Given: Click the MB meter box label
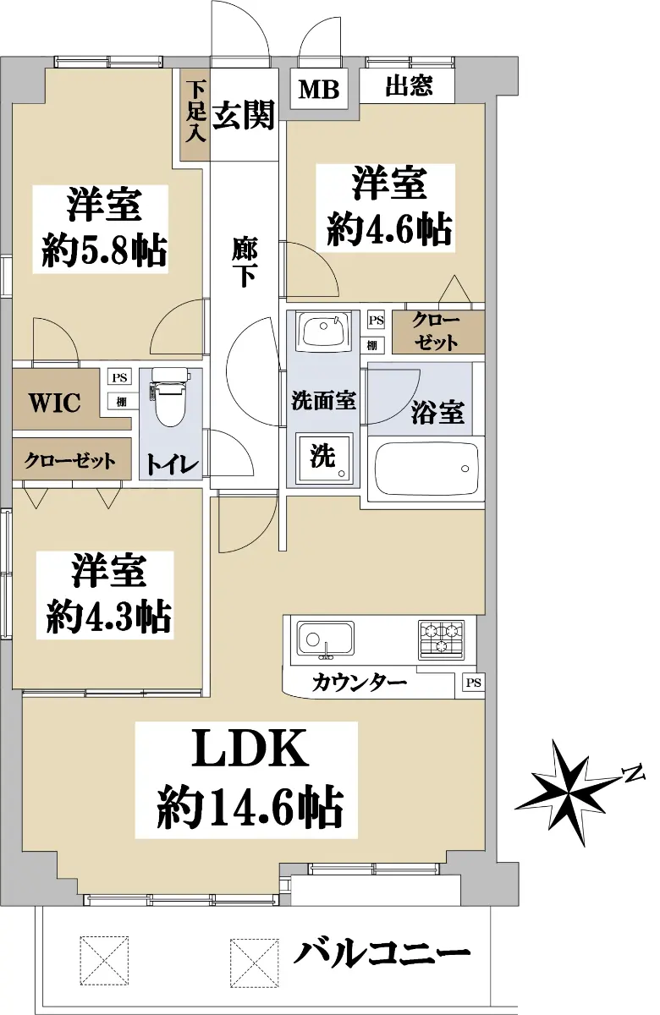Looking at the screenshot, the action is pos(319,90).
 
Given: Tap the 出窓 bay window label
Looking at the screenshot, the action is pos(409,85).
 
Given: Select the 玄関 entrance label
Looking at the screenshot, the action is pos(244,115).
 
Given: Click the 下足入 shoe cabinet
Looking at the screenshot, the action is pos(195,114).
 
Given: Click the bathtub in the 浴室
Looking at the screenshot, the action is pos(427,469).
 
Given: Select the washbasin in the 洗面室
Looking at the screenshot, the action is pos(323,331).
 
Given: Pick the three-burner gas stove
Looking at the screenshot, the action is pos(441,639).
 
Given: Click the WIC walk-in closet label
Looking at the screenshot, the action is pos(55,402).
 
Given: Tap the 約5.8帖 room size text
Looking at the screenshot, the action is pos(105,250).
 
